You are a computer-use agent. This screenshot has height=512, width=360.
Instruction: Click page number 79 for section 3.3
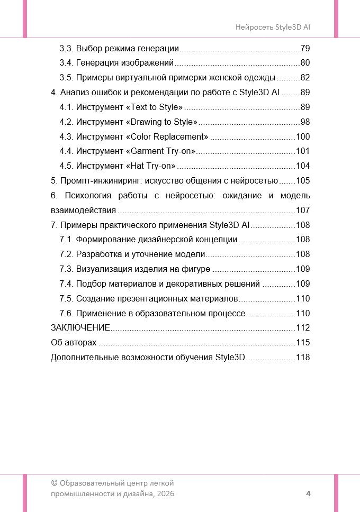coord(305,49)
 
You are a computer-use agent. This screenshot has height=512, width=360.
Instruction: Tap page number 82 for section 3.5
coord(305,78)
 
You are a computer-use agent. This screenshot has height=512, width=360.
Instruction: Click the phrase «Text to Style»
coord(157,107)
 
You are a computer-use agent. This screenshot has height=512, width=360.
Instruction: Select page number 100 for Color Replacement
coord(303,137)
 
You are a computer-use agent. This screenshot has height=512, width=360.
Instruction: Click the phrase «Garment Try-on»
coord(162,151)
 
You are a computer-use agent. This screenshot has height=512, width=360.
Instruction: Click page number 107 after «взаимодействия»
coord(303,210)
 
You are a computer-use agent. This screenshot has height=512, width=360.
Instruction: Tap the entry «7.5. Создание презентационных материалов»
coord(148,298)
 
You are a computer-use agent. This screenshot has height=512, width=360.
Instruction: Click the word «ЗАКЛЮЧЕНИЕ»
coord(80,327)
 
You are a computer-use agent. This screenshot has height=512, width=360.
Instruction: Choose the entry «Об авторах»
coord(74,342)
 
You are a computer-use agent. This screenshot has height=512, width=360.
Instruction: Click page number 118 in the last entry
coord(303,357)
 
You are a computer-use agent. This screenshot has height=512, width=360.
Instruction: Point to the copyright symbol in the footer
coord(54,483)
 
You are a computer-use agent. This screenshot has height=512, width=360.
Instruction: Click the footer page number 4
coord(308,493)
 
